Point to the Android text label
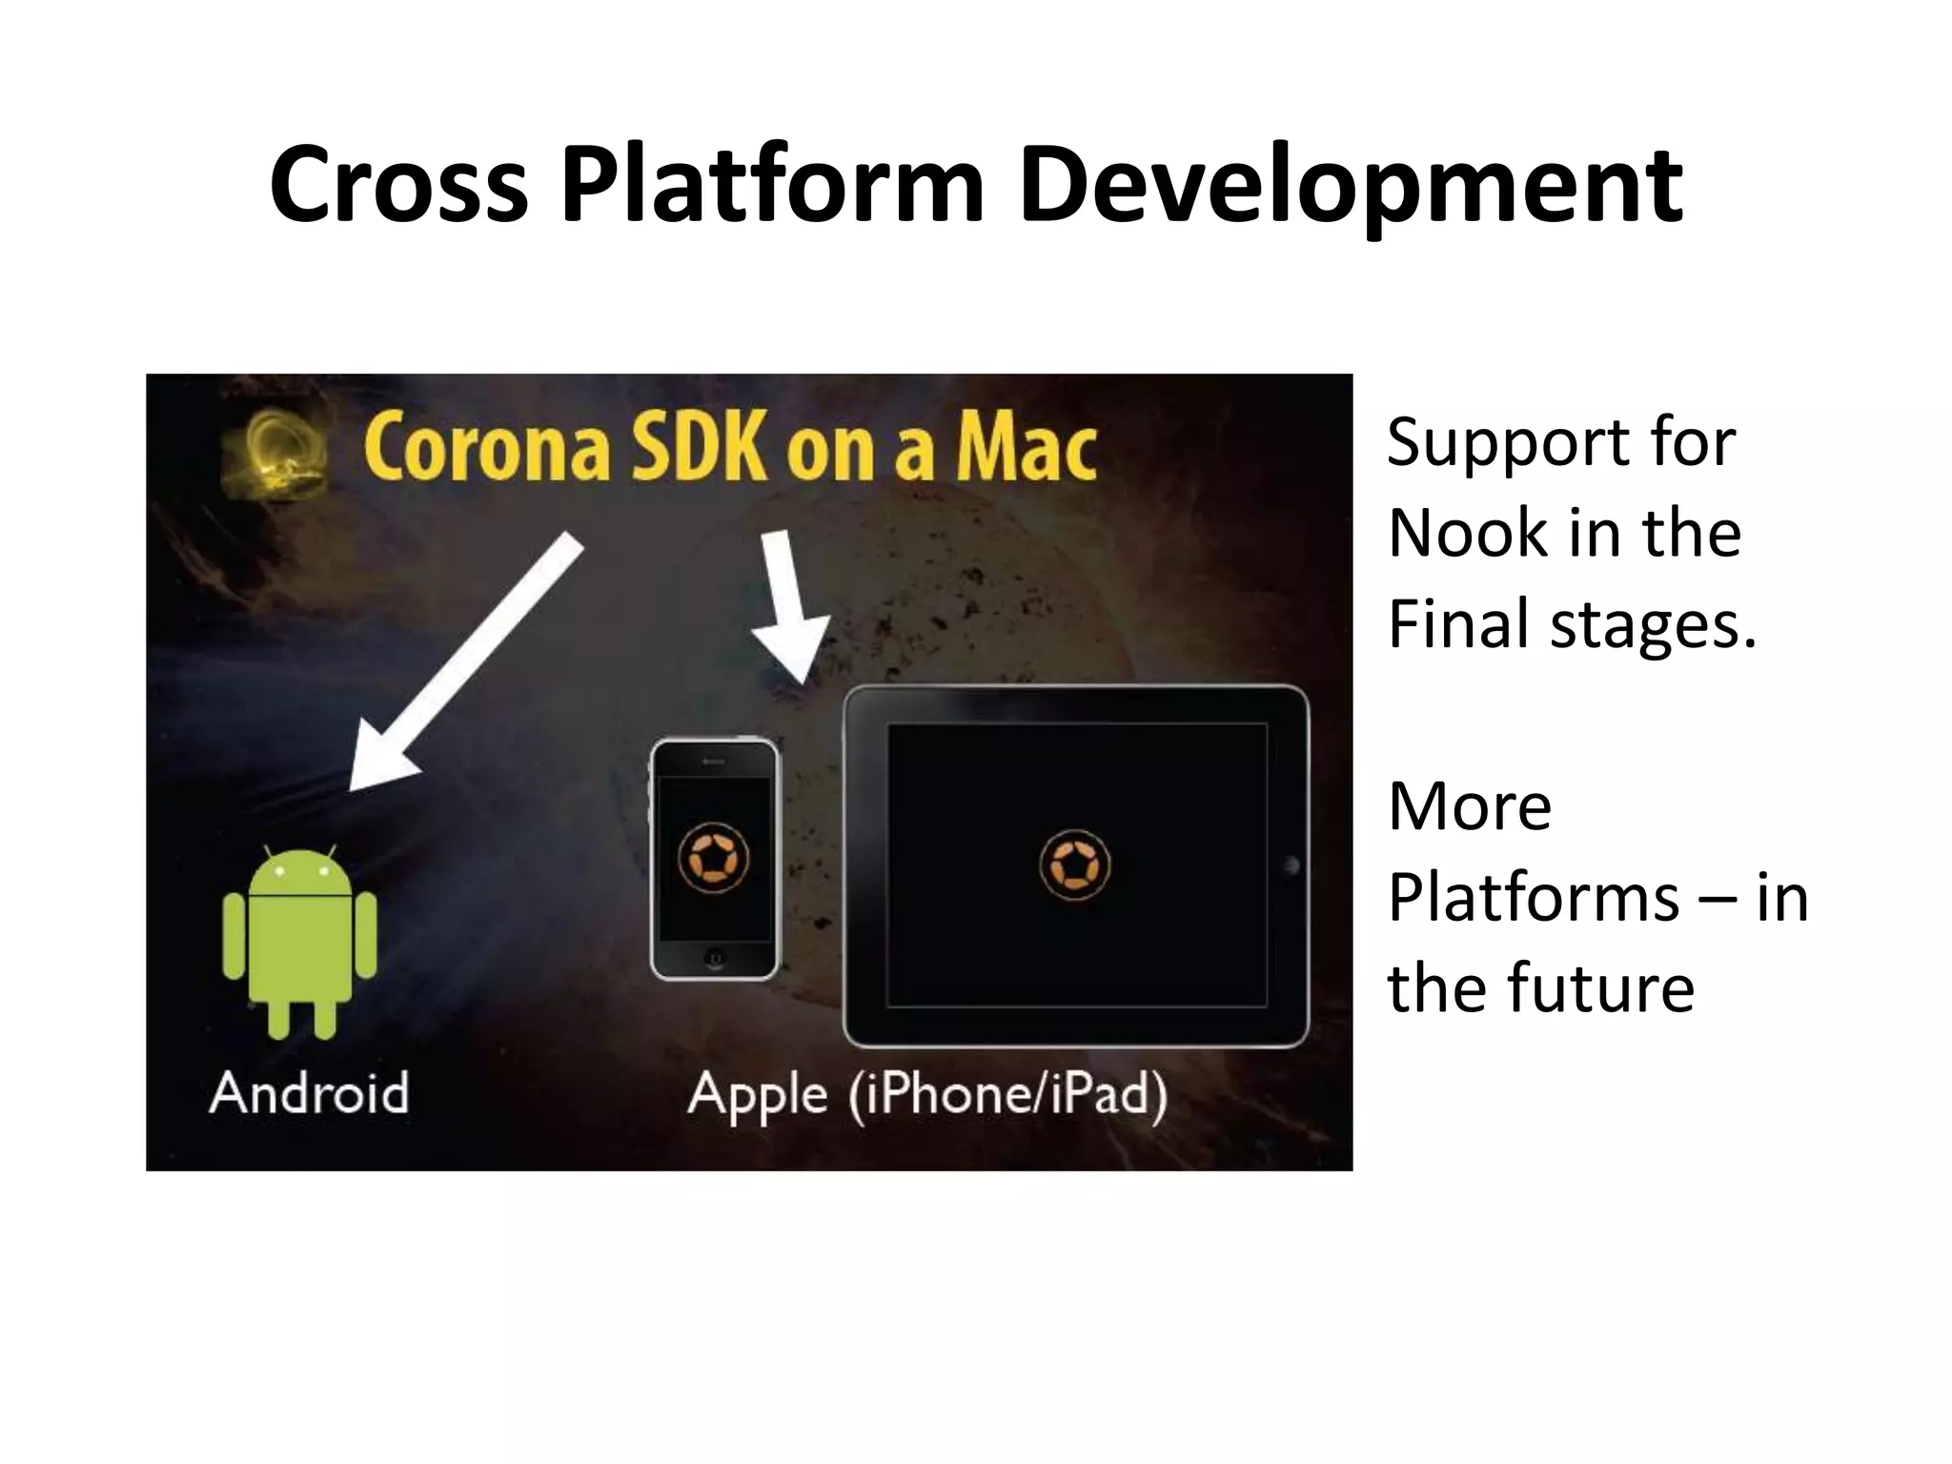pyautogui.click(x=310, y=1092)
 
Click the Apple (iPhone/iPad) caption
pyautogui.click(x=927, y=1095)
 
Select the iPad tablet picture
pyautogui.click(x=1076, y=865)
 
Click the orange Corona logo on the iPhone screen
pyautogui.click(x=713, y=858)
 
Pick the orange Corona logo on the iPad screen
pyautogui.click(x=1074, y=865)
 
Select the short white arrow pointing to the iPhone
pyautogui.click(x=786, y=604)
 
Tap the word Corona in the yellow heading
pyautogui.click(x=487, y=448)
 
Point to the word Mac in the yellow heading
pyautogui.click(x=1026, y=448)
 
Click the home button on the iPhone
pyautogui.click(x=713, y=957)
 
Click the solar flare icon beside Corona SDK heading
pyautogui.click(x=275, y=456)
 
